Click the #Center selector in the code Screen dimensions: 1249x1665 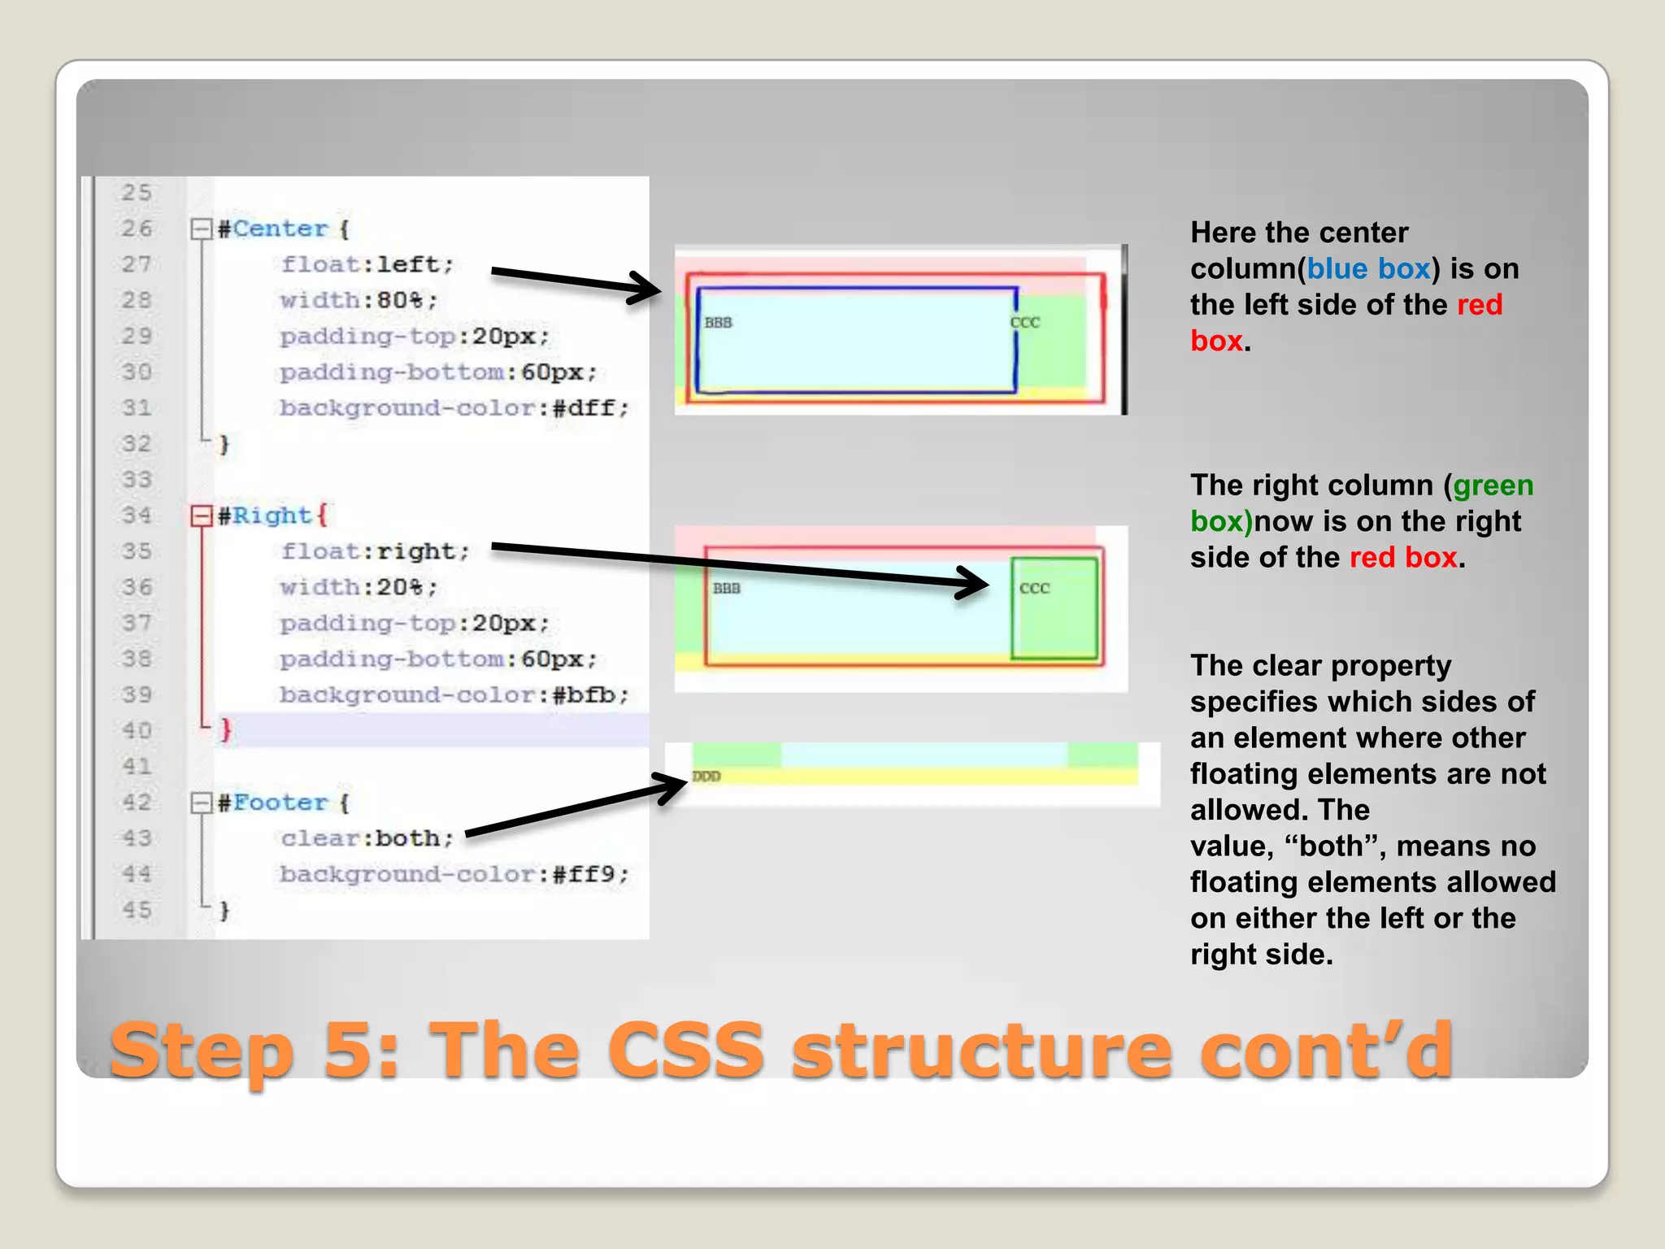272,228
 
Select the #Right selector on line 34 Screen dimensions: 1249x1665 265,516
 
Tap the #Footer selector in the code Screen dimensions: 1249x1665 273,803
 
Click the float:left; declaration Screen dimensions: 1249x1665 367,264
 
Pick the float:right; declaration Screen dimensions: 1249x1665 375,551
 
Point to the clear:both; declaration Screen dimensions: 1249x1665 367,838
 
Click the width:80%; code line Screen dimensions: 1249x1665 359,300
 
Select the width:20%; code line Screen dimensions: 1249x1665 359,587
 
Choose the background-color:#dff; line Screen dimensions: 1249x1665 454,407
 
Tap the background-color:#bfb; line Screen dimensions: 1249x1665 454,695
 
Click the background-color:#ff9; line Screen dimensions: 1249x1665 454,874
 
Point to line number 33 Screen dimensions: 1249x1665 137,479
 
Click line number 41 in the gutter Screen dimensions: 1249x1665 137,766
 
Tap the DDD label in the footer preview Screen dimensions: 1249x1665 706,777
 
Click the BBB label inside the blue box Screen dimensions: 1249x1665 718,323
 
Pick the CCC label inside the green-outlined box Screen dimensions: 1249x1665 1035,588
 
